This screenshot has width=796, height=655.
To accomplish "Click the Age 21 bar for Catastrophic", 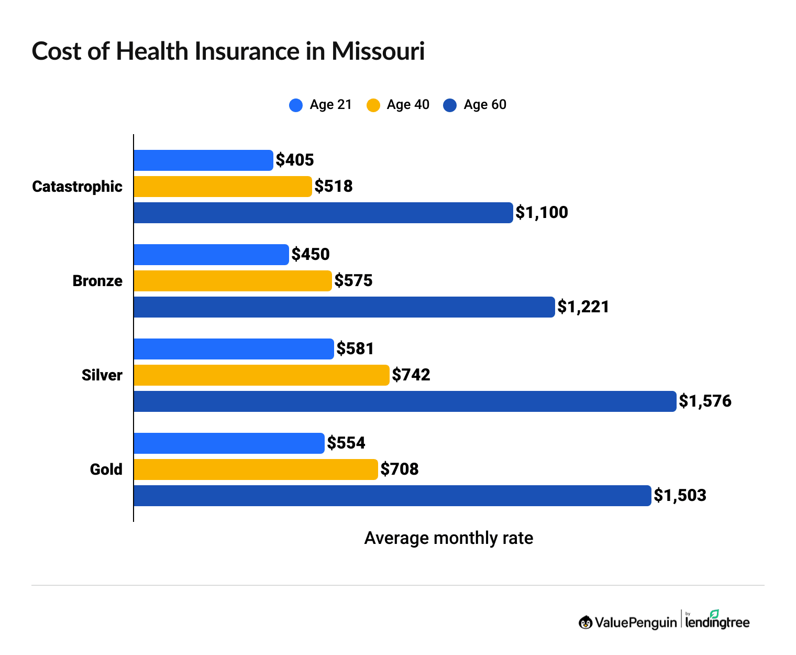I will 203,160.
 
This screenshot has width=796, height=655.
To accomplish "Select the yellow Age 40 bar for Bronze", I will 233,281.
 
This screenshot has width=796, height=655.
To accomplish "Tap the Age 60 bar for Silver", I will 405,401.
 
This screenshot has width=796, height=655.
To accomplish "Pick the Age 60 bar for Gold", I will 392,496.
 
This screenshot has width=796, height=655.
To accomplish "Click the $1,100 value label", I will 541,212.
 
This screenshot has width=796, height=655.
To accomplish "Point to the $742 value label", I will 411,375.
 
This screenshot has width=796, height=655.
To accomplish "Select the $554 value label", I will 346,443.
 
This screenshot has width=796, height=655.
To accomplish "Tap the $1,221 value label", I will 583,307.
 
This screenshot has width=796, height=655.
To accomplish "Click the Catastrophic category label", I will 77,187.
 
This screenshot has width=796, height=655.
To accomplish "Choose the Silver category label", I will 102,375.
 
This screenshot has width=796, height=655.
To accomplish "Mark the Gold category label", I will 106,470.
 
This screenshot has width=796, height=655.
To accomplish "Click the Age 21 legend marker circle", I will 296,105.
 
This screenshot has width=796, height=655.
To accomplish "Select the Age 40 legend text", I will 408,105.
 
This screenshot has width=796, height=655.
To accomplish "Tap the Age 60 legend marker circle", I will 450,105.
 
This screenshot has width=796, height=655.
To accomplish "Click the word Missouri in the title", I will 378,52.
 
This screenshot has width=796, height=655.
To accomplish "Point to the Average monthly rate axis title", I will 448,538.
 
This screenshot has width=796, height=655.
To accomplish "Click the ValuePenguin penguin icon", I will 585,623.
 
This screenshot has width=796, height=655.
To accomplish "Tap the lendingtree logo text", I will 717,623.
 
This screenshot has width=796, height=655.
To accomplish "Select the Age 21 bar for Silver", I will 234,349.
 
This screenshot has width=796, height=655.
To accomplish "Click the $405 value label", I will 295,160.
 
